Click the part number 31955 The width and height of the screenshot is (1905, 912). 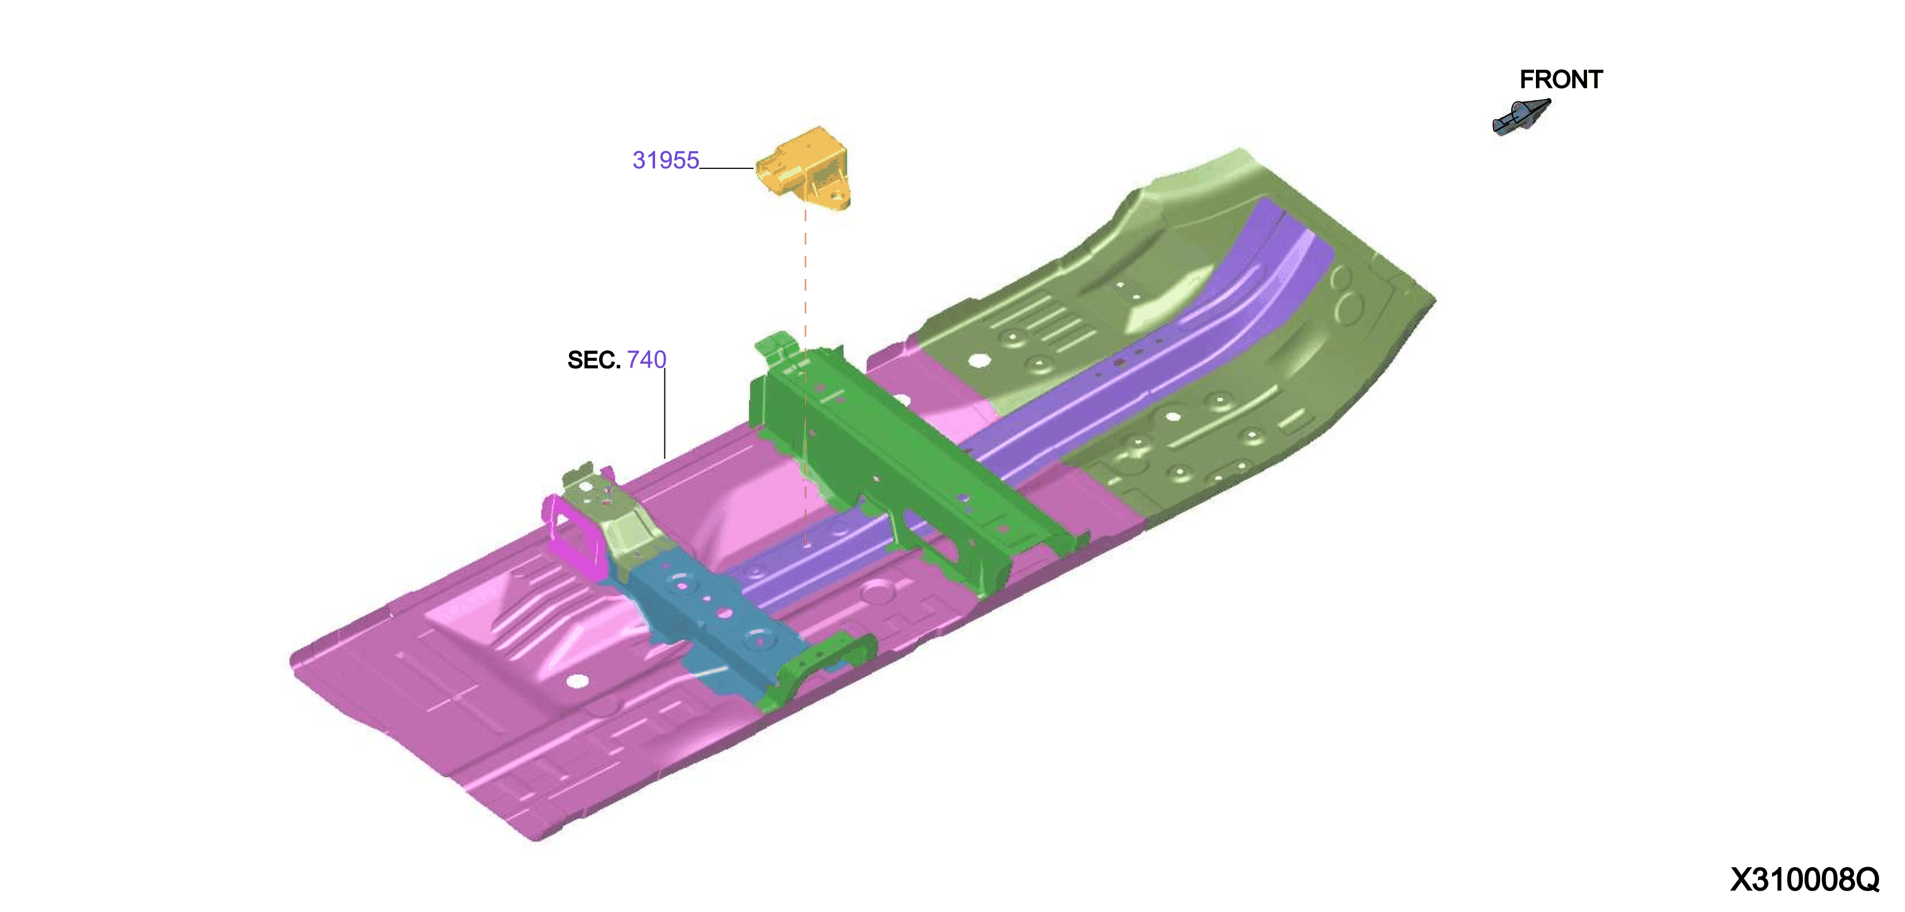[666, 160]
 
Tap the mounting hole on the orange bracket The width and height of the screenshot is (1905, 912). [837, 197]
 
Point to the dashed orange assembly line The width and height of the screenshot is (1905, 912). [805, 377]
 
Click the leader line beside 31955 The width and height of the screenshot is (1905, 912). [727, 168]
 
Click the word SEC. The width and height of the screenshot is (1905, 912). [593, 360]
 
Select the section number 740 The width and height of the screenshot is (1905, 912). [646, 360]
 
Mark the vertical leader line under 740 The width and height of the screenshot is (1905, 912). [665, 414]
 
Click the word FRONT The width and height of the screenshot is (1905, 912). [1561, 79]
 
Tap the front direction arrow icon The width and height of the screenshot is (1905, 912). [1521, 117]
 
